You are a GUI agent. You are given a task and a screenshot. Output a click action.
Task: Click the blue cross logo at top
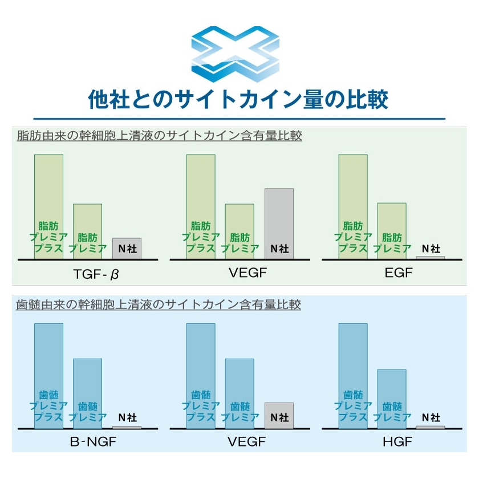pyautogui.click(x=235, y=53)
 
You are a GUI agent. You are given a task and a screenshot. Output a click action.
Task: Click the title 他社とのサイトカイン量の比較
pyautogui.click(x=239, y=99)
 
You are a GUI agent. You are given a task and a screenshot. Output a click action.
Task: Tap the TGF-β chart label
pyautogui.click(x=96, y=275)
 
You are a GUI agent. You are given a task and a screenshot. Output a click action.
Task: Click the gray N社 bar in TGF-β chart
pyautogui.click(x=127, y=248)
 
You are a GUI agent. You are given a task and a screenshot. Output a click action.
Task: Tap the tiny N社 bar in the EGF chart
pyautogui.click(x=431, y=258)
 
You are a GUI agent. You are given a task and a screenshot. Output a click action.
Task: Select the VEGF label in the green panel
pyautogui.click(x=247, y=273)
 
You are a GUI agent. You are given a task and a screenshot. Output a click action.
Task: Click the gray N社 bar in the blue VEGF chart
pyautogui.click(x=279, y=415)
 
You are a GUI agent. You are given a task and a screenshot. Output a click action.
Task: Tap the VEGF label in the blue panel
pyautogui.click(x=247, y=442)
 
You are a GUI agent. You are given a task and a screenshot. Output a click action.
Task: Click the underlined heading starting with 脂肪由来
pyautogui.click(x=159, y=136)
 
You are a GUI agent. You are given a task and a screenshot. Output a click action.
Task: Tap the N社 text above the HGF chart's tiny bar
pyautogui.click(x=431, y=417)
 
